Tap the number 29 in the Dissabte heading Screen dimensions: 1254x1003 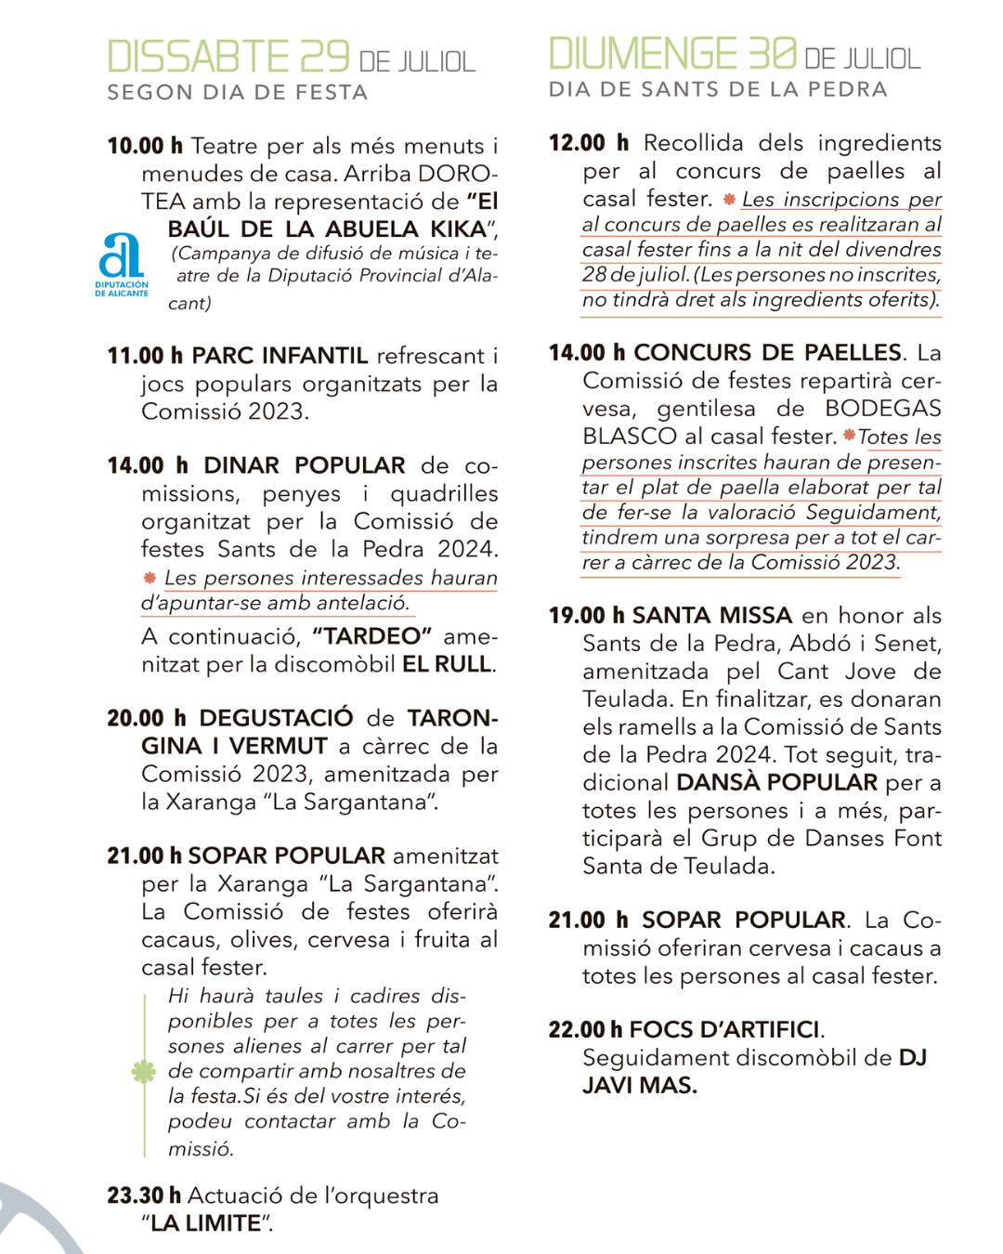(324, 57)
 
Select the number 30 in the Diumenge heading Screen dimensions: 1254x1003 (772, 54)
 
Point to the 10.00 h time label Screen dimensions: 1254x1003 (145, 147)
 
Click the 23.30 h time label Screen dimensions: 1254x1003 (144, 1195)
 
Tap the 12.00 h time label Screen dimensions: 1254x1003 (589, 143)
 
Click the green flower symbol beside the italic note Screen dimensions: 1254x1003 (143, 1072)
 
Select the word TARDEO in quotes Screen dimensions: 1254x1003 (372, 636)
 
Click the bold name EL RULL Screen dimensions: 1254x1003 (448, 664)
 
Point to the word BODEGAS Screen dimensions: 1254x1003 (882, 409)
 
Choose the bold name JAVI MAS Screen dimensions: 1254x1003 (640, 1085)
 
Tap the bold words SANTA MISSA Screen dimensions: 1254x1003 (711, 616)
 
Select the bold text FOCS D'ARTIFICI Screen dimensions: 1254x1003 (725, 1029)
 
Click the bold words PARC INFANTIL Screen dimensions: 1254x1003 (280, 356)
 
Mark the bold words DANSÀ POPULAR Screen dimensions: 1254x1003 (776, 782)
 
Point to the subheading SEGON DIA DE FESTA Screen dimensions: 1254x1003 (238, 93)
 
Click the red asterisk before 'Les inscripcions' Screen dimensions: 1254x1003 (729, 200)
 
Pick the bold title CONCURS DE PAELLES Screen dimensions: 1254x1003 (767, 353)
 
